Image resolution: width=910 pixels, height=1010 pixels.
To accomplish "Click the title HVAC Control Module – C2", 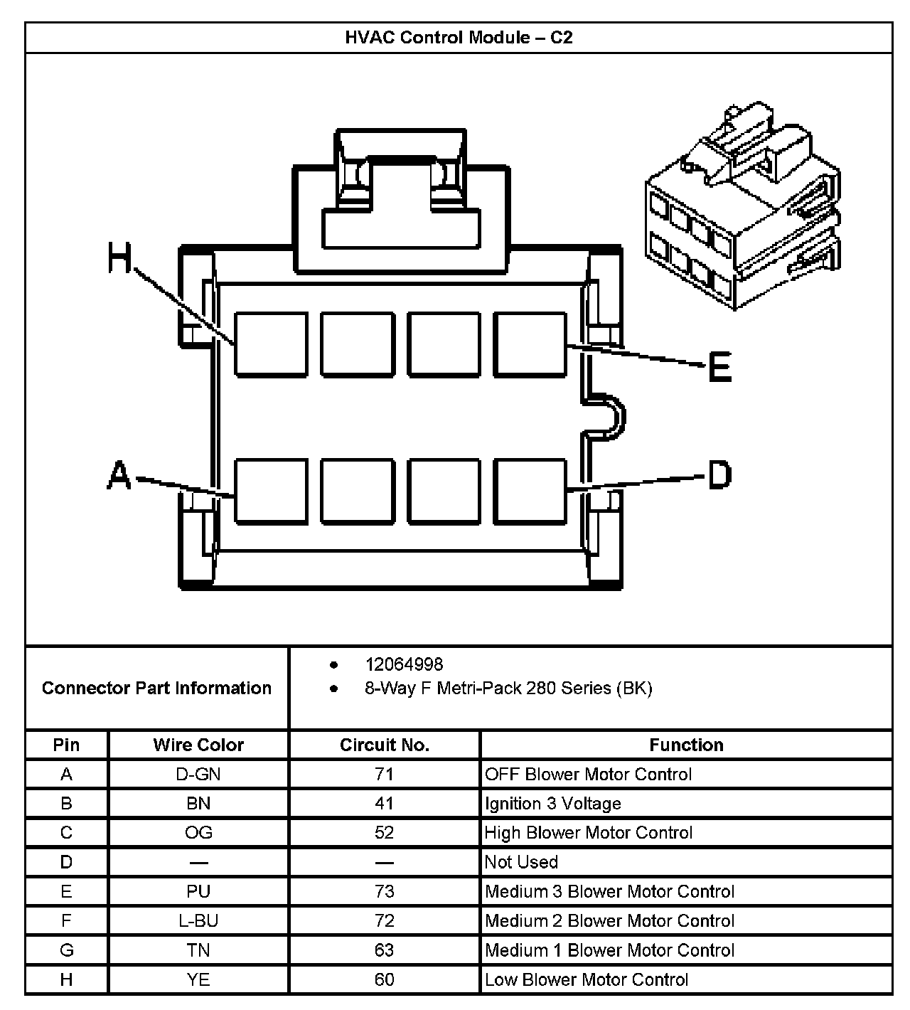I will (x=459, y=38).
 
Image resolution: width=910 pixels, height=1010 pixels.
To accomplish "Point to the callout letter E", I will (x=719, y=368).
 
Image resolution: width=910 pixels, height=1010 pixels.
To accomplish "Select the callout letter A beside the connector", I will (x=119, y=474).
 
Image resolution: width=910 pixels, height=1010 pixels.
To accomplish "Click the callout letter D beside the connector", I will (x=719, y=474).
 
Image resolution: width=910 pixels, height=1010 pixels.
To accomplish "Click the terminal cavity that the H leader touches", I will (x=271, y=344).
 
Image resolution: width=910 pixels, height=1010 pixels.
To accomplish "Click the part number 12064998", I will (x=404, y=664).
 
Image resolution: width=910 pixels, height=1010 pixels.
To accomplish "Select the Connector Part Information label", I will (x=156, y=688).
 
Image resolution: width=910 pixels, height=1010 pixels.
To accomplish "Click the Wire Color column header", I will (x=198, y=745).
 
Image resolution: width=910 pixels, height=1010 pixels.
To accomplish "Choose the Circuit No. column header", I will (x=384, y=745).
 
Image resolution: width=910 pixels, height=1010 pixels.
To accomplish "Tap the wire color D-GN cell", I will (x=198, y=774).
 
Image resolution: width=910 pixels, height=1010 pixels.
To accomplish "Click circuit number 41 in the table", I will (x=384, y=803).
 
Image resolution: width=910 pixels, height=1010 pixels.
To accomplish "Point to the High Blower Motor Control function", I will (x=588, y=832).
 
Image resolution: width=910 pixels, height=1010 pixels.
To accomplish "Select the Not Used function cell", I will (x=521, y=862).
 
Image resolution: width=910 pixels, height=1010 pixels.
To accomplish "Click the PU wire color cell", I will (x=198, y=891).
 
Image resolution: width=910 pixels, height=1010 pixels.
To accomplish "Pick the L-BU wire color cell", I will (x=198, y=920).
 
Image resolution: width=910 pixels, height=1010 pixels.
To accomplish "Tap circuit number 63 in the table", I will (x=384, y=950).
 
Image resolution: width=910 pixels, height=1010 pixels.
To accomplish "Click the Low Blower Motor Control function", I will (x=587, y=979).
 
